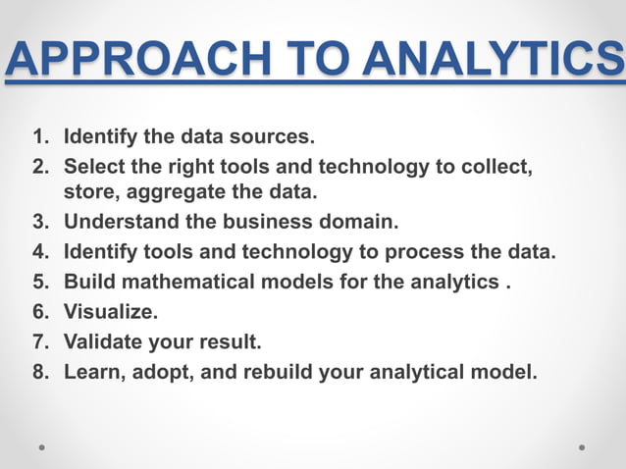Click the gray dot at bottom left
(42, 447)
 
